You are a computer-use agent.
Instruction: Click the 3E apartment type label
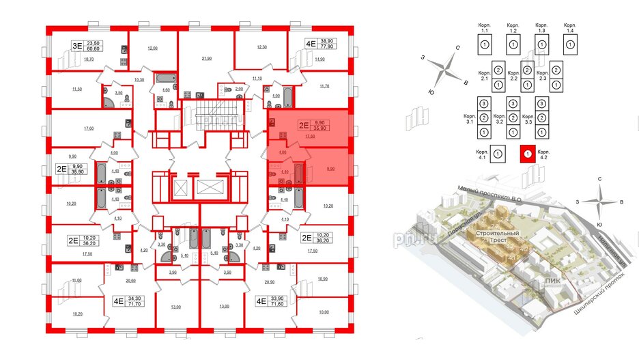pos(77,46)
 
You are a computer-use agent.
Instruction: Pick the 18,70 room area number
pos(87,59)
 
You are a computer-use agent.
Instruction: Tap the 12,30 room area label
pos(261,47)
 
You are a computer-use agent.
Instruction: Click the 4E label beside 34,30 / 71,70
pos(117,299)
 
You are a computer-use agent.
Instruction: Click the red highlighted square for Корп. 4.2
pos(526,154)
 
